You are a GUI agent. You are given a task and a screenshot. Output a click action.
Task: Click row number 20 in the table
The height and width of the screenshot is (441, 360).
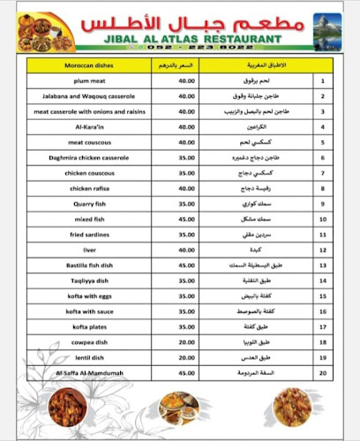[322, 372]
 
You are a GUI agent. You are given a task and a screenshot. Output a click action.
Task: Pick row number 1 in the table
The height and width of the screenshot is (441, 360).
[322, 82]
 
